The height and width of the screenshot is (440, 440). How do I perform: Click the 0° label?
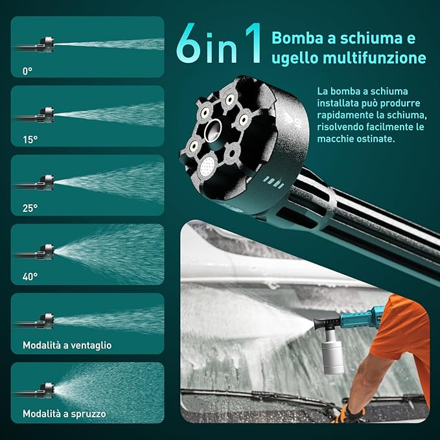click(x=27, y=71)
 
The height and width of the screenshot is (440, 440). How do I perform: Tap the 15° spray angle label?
click(x=30, y=139)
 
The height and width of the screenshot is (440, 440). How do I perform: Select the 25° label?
click(x=30, y=208)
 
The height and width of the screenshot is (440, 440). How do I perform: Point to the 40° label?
click(x=30, y=277)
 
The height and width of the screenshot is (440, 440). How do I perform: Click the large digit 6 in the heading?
click(x=189, y=43)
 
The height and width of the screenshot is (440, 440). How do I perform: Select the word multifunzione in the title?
click(x=375, y=58)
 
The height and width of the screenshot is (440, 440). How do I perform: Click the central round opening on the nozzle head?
click(x=213, y=130)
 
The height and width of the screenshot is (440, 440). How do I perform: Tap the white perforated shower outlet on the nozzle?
click(x=207, y=165)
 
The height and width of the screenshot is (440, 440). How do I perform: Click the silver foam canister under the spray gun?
click(x=332, y=352)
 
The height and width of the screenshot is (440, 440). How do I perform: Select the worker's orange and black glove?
click(x=349, y=414)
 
